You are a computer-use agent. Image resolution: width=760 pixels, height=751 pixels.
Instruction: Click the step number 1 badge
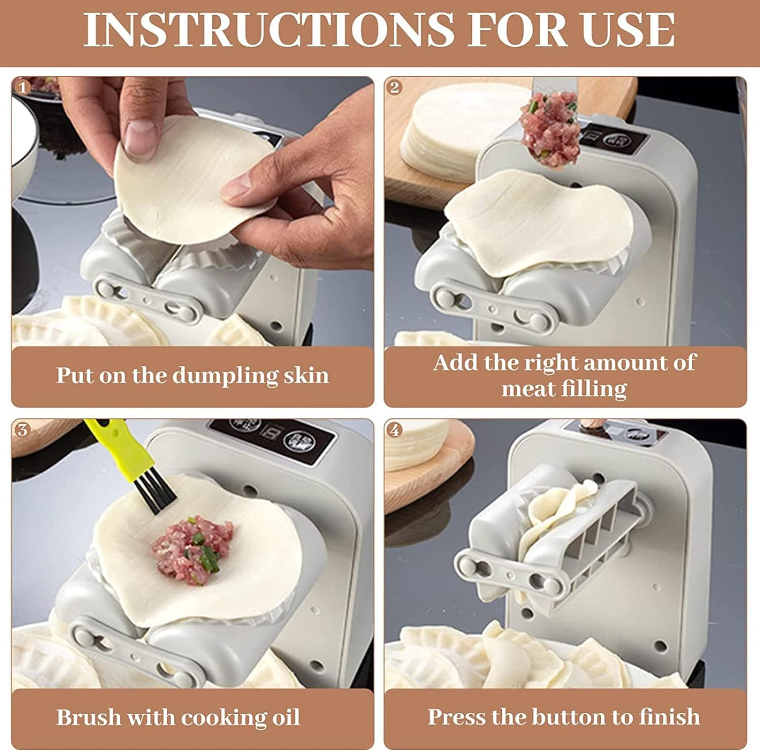(22, 87)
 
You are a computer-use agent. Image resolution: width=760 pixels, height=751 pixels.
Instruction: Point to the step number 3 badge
(22, 430)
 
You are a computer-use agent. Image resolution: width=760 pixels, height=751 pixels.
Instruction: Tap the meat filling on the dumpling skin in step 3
(192, 550)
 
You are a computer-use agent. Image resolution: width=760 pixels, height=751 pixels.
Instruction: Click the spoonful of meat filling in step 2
(550, 128)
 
